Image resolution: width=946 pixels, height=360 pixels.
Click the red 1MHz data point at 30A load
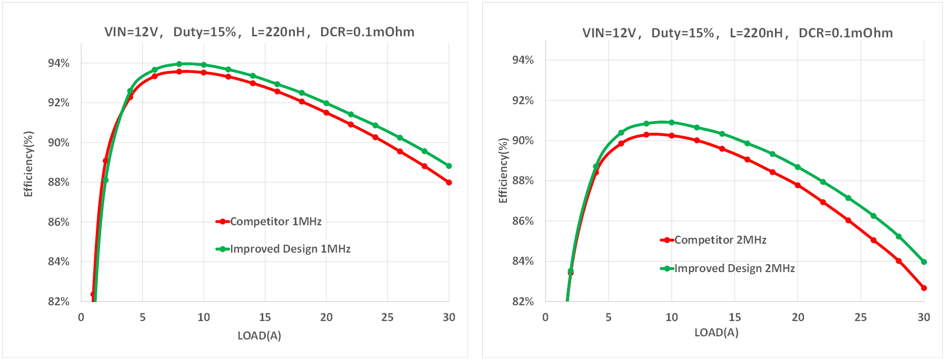point(449,183)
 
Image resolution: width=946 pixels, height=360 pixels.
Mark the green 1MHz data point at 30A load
point(449,166)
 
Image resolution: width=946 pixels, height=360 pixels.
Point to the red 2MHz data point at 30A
point(924,288)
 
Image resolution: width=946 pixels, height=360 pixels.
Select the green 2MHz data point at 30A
point(924,262)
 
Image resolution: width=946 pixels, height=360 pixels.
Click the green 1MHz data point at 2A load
point(106,180)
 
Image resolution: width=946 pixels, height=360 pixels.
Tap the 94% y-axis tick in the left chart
point(58,63)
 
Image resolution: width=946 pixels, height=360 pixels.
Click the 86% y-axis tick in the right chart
point(523,221)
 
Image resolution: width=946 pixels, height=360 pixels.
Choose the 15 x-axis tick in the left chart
point(265,317)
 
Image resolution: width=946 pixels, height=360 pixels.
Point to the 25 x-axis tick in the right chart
point(861,317)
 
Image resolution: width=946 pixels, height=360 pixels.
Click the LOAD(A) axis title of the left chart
point(259,336)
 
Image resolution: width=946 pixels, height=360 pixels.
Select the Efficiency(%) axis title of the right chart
point(503,170)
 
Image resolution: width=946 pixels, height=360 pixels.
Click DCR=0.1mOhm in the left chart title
point(367,32)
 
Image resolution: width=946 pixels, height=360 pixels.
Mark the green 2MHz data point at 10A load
point(672,122)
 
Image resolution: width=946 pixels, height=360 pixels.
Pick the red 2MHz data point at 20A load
point(798,185)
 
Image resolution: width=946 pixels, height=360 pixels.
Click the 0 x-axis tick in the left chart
point(81,317)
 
